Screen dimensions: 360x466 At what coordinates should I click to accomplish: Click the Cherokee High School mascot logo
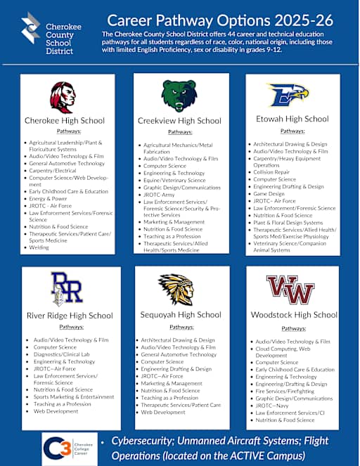click(63, 96)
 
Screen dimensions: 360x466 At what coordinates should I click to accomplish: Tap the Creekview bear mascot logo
click(179, 96)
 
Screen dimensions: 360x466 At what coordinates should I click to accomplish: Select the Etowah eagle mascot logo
click(288, 94)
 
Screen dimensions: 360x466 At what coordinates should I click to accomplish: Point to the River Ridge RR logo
click(67, 289)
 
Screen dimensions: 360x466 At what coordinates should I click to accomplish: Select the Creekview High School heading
click(179, 121)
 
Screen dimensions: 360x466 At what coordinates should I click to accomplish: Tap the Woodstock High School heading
click(294, 315)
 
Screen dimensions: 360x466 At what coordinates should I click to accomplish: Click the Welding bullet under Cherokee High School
click(39, 247)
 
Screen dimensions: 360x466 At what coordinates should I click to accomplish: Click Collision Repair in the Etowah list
click(271, 171)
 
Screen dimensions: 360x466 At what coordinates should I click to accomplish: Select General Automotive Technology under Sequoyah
click(179, 355)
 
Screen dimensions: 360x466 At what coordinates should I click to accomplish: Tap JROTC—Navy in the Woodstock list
click(274, 406)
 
